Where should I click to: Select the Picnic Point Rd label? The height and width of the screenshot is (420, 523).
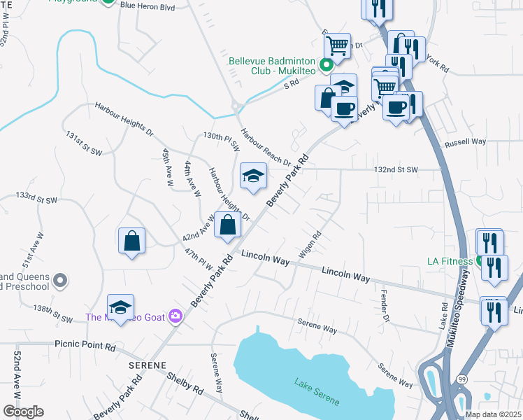click(x=85, y=346)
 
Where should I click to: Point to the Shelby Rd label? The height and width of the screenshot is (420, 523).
click(x=185, y=382)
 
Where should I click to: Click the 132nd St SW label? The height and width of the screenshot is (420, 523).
click(x=395, y=169)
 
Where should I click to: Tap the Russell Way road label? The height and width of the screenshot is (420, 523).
click(x=465, y=142)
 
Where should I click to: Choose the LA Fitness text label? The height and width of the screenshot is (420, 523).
click(x=451, y=261)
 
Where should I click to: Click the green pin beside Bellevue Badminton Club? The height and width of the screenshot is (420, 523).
click(x=326, y=66)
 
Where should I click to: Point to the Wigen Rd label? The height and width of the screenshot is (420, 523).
click(x=310, y=245)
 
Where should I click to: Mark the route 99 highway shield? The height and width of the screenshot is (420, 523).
click(x=463, y=379)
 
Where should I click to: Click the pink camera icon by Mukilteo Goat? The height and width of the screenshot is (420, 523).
click(x=175, y=317)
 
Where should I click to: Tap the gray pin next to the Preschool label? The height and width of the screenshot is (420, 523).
click(x=60, y=281)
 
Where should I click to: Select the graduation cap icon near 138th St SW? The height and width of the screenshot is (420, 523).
click(x=120, y=307)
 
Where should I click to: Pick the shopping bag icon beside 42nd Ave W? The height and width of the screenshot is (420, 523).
click(x=228, y=225)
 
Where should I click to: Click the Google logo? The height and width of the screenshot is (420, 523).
click(x=23, y=412)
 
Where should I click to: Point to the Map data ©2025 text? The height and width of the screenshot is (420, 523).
click(x=492, y=414)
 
